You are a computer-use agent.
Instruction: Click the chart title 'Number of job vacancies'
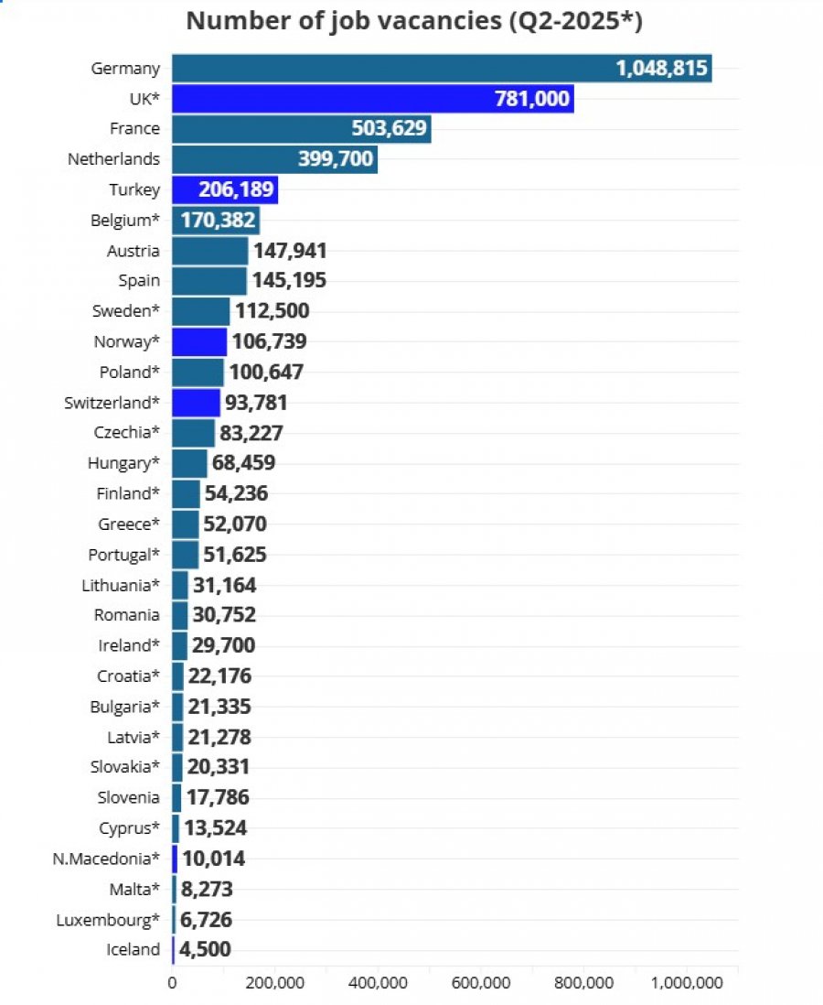[344, 21]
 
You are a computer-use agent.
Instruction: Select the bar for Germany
[442, 68]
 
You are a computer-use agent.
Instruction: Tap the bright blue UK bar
[373, 99]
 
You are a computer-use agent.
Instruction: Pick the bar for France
[302, 129]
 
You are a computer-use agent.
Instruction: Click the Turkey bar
[225, 189]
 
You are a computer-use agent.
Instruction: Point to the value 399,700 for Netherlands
[336, 158]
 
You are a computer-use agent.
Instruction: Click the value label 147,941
[290, 251]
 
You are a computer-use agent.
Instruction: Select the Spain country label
[139, 281]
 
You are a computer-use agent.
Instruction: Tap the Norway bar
[199, 341]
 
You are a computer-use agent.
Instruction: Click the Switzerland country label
[112, 403]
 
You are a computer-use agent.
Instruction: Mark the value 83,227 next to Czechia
[251, 433]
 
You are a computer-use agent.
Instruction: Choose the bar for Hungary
[189, 463]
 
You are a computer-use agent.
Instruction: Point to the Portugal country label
[123, 555]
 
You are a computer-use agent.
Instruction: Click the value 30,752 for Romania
[224, 615]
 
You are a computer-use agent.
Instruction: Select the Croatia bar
[177, 676]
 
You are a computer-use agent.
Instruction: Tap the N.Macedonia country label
[106, 859]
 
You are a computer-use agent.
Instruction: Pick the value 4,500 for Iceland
[205, 949]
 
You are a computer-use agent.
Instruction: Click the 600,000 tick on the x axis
[481, 982]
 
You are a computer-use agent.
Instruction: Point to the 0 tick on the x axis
[172, 982]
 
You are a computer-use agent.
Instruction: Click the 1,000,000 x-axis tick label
[688, 982]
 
